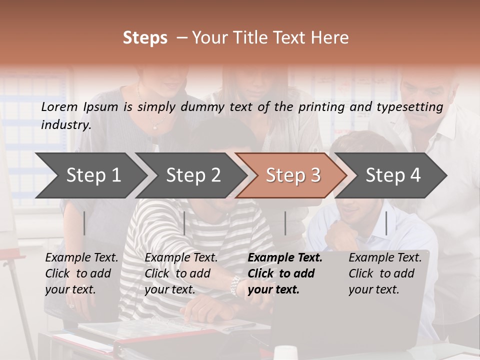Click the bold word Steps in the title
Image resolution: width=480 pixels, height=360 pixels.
point(145,38)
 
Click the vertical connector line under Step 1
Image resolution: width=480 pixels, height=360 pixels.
point(84,223)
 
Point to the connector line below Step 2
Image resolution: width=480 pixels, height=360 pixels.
point(184,223)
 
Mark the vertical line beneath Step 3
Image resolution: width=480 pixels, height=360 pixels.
point(285,223)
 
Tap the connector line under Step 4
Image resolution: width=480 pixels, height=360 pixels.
point(386,223)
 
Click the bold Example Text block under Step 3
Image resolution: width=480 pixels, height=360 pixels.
point(285,273)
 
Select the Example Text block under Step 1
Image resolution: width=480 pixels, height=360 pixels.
point(81,273)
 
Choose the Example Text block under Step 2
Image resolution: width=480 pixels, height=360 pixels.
point(181,273)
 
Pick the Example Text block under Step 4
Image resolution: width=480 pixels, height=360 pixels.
point(385,273)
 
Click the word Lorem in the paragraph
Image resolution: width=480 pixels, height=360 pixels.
point(59,106)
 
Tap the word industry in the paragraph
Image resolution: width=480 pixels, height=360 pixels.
point(65,125)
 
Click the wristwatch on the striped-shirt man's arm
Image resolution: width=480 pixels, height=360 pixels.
point(234,286)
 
